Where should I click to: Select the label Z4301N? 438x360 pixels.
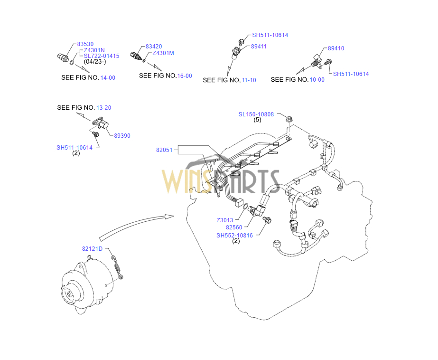point(94,50)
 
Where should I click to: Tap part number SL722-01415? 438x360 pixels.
point(101,56)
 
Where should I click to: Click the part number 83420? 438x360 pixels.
point(154,47)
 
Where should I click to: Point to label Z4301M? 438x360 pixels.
point(163,53)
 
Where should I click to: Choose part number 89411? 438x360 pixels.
point(259,47)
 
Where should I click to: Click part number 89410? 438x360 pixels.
point(336,48)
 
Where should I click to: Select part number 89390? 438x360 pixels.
point(122,136)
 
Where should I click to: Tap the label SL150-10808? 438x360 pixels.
point(256,114)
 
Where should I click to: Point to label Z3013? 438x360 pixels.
point(224,220)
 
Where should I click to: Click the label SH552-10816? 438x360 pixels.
point(234,235)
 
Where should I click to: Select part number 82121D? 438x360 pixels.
point(92,249)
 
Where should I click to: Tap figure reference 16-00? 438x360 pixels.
point(185,76)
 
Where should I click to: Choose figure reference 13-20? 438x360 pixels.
point(104,108)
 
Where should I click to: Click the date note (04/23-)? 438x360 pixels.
point(95,62)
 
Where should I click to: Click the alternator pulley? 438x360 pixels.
point(70,294)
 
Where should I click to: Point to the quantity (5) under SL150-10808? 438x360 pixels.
point(257,120)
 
